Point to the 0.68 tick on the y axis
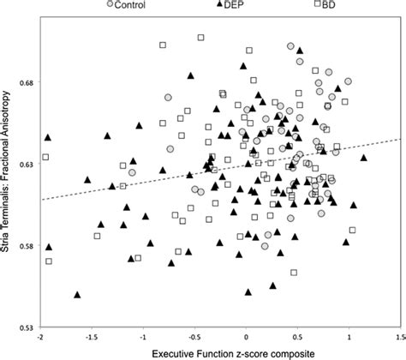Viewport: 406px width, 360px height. [27, 83]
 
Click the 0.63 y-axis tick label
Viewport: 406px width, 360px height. [27, 165]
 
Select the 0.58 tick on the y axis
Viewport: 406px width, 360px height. [27, 247]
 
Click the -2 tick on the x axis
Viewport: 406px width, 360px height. [41, 337]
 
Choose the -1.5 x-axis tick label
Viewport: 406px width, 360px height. [91, 337]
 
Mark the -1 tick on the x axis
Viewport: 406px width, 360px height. [143, 337]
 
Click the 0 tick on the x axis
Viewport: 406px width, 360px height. [247, 337]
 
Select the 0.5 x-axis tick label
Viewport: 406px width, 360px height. [297, 337]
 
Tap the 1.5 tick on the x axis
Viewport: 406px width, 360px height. [399, 337]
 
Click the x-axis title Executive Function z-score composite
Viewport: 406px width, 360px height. [221, 352]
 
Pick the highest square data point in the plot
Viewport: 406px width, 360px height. [201, 38]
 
